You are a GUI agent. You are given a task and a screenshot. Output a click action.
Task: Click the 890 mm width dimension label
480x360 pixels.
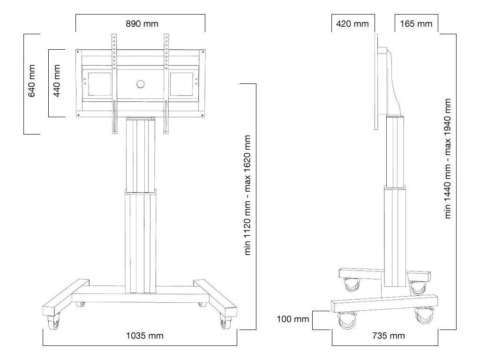coord(140,23)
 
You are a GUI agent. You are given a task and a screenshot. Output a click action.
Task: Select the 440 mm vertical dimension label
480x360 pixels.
coord(57,81)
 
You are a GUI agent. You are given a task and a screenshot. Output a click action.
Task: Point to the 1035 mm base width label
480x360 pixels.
coord(141,336)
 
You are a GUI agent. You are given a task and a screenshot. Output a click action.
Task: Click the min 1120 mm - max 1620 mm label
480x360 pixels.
coord(248,195)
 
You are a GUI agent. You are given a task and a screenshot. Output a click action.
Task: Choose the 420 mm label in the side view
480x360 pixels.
coord(352,23)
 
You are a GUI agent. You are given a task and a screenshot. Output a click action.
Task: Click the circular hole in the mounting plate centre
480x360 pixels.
coord(140,84)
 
